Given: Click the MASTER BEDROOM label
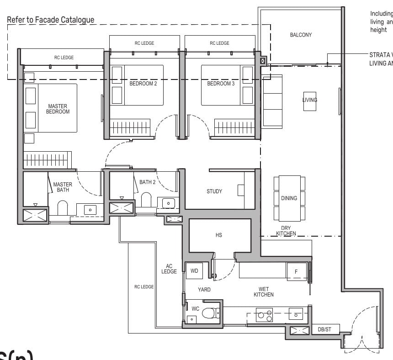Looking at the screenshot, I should (x=58, y=109).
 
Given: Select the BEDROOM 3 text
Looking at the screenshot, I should (x=219, y=84).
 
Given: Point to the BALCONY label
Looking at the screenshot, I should (x=301, y=35).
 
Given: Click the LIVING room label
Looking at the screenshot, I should (x=309, y=100).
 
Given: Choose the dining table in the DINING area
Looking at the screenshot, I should (x=289, y=198).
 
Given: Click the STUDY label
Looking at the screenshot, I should (x=214, y=191).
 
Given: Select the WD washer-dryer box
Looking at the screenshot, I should (x=194, y=271).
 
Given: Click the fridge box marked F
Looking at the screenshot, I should (x=296, y=272).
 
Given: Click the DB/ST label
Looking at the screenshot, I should (x=324, y=329).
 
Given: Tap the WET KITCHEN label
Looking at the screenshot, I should (x=263, y=292).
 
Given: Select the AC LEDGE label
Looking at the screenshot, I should (x=169, y=269).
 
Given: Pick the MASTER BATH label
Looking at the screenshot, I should (x=63, y=187).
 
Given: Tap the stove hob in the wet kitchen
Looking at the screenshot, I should (x=264, y=314).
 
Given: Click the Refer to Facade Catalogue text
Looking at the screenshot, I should (x=50, y=20).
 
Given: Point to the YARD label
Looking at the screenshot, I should (x=204, y=289).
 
